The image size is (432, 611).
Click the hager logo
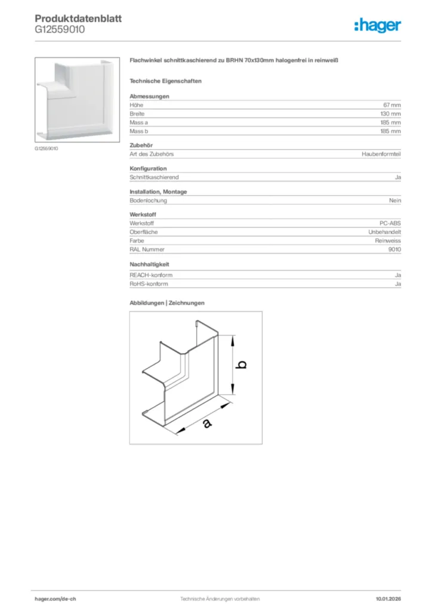coord(378,24)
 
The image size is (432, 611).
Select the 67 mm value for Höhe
coord(392,105)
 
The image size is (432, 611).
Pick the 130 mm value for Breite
coord(391,113)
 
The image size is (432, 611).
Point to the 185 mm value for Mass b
coord(391,131)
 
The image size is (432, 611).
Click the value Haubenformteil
coord(381,154)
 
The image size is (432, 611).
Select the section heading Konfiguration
coord(148,168)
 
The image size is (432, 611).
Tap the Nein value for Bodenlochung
coord(395,200)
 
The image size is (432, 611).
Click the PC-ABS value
coord(390,223)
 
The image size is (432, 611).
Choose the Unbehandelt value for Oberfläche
coord(385,232)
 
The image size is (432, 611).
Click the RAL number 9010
coord(394,249)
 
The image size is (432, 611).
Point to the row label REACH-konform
coord(151,275)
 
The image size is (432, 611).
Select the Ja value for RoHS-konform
coord(397,284)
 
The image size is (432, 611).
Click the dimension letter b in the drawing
coord(242,365)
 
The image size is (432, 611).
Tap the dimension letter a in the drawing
coord(206,423)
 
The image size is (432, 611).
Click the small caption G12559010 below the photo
coord(47,148)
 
